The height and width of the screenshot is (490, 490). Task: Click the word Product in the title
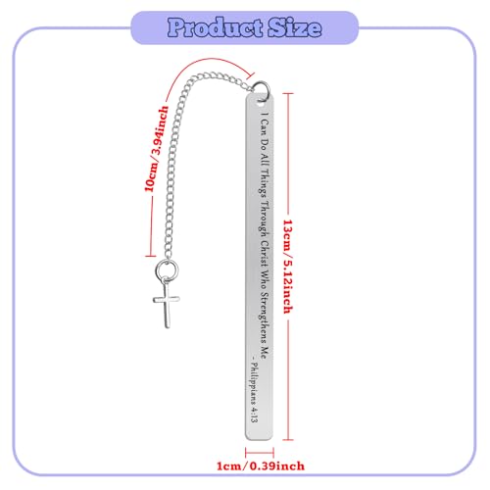(215, 27)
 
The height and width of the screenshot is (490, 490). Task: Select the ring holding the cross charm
(167, 269)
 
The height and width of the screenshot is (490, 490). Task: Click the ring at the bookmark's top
(262, 90)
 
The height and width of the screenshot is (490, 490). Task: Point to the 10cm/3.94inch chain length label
(157, 149)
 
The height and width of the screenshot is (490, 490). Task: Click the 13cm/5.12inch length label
(287, 267)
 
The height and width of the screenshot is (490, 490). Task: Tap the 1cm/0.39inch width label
(261, 465)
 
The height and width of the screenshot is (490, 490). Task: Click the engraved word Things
(266, 182)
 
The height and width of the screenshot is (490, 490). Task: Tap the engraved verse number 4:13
(254, 415)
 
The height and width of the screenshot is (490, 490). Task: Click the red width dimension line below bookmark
(260, 453)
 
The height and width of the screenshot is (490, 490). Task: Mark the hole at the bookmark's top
(261, 101)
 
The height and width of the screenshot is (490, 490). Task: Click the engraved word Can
(266, 126)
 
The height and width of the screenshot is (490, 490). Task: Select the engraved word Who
(266, 279)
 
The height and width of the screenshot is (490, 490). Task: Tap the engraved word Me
(266, 351)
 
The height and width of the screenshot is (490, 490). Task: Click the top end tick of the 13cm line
(288, 93)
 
